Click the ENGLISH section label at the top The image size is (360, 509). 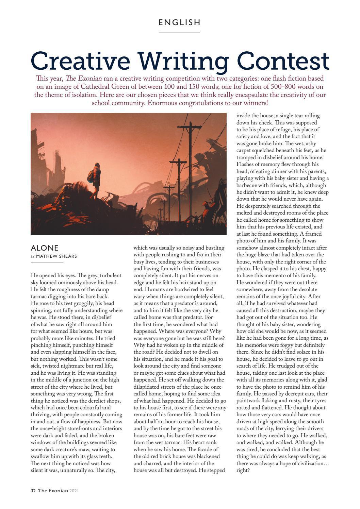coord(180,22)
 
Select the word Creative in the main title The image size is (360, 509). coord(80,61)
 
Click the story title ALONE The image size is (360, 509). coord(45,248)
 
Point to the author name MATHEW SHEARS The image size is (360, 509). coord(56,256)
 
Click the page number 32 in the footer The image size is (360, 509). coord(33,491)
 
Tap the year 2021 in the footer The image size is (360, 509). coord(74,491)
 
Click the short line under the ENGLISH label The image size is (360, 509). coord(179,32)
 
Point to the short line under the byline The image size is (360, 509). coord(47,263)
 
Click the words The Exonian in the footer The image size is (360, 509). coord(53,491)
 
